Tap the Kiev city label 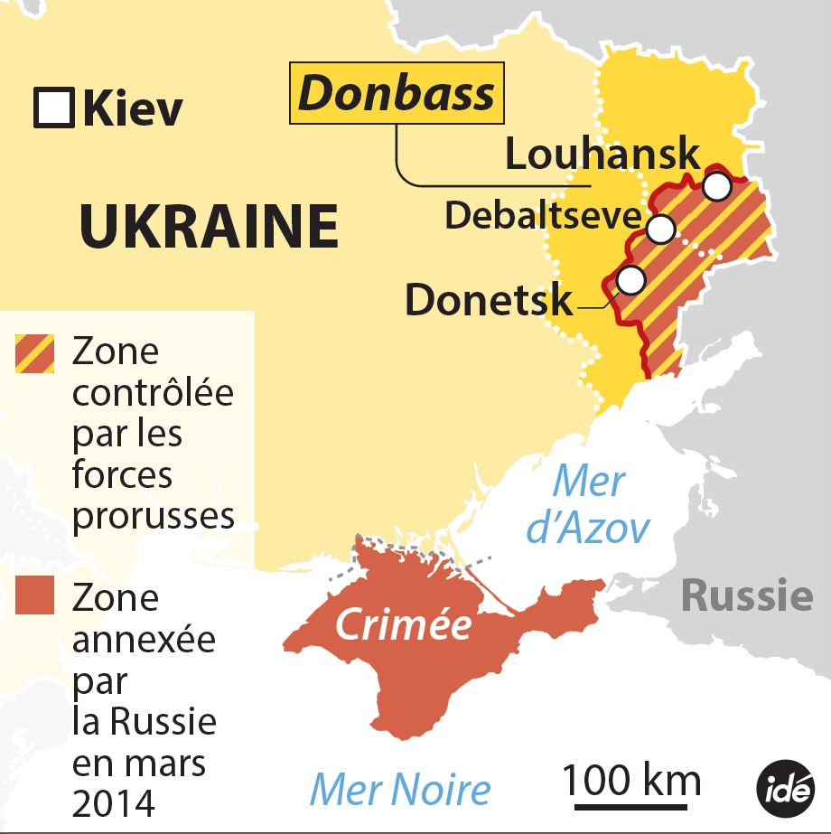coord(132,109)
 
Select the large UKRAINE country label coord(209,226)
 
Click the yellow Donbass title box coord(397,94)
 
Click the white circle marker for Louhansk coord(716,186)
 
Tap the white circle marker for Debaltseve coord(660,230)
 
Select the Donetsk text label coord(488,299)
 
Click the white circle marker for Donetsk coord(630,280)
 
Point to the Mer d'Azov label coord(588,505)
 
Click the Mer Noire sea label coord(400,789)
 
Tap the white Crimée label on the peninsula coord(403,624)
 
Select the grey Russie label coord(746,595)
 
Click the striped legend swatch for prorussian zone coord(35,353)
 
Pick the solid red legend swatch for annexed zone coord(35,597)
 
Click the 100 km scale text coord(631,779)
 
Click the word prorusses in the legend coord(153,515)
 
